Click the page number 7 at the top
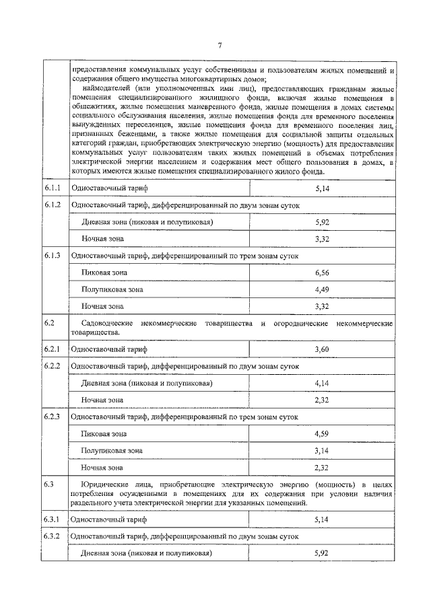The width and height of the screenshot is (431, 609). click(x=220, y=46)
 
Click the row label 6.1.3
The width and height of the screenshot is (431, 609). click(x=53, y=255)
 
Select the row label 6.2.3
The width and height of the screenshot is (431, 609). click(x=53, y=417)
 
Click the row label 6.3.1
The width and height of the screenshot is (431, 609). click(x=53, y=520)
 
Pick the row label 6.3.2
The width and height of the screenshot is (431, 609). click(x=53, y=536)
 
